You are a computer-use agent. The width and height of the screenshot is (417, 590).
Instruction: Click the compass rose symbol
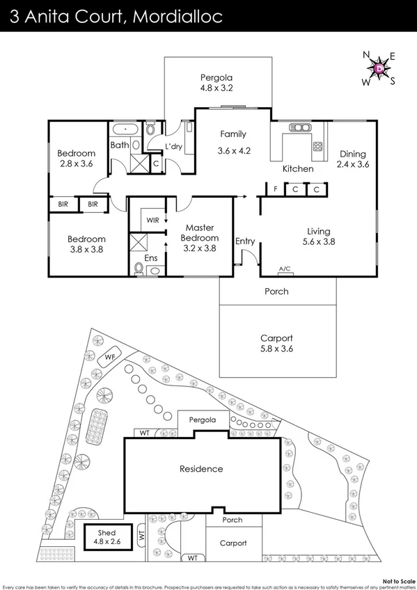(x=378, y=69)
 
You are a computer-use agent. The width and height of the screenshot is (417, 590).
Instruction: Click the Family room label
(x=233, y=142)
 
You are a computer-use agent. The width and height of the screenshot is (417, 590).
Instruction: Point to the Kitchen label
(x=297, y=169)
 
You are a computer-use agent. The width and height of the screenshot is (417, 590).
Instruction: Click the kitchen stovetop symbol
(x=317, y=147)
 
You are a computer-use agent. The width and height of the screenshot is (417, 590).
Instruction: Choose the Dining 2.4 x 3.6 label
(x=352, y=159)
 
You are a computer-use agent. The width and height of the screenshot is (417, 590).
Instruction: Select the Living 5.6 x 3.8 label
(x=319, y=237)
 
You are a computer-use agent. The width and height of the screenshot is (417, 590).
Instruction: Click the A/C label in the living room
(x=284, y=269)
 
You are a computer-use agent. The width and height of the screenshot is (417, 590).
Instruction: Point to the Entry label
(x=245, y=241)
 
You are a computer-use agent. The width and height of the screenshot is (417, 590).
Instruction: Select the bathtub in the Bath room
(x=125, y=129)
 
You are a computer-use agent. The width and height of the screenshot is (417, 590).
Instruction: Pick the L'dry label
(x=173, y=147)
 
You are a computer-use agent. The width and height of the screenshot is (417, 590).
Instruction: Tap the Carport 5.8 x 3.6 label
(x=276, y=343)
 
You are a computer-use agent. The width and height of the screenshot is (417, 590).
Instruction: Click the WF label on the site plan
(x=109, y=358)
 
